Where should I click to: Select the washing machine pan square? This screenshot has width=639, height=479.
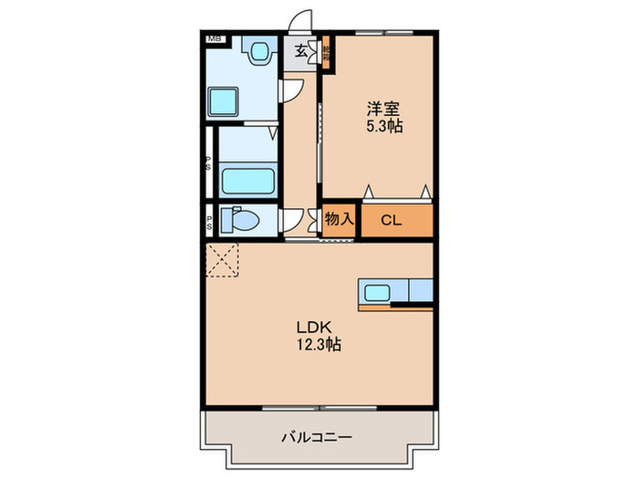(224, 100)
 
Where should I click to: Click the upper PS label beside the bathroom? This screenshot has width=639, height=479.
(208, 165)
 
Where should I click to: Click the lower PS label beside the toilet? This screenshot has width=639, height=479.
(209, 220)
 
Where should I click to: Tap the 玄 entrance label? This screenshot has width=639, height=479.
(301, 51)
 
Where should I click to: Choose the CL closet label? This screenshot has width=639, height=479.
(391, 219)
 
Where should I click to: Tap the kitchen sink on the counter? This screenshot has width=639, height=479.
(377, 293)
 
